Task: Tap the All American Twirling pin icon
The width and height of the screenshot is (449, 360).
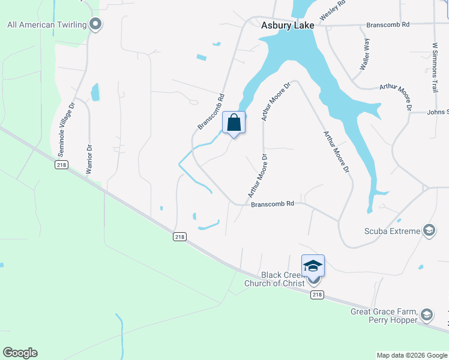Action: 95,24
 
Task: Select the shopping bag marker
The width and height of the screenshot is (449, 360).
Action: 234,123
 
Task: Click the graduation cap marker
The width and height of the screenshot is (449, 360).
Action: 313,265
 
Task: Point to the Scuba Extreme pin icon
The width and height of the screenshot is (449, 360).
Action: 429,230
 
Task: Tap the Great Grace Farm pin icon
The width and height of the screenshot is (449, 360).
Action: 426,314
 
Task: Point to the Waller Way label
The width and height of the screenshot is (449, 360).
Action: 364,55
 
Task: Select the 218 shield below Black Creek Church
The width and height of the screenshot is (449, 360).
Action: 318,295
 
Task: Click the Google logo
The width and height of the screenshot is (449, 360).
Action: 20,353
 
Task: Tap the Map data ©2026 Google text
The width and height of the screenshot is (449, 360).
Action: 412,355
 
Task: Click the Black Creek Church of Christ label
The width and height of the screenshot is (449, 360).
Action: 274,278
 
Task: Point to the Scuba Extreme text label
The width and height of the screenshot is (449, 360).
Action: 393,231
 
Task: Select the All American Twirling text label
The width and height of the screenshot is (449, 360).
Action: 46,25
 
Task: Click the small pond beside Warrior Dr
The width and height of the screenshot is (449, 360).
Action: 95,92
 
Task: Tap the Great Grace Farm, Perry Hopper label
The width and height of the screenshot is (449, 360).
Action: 384,316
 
